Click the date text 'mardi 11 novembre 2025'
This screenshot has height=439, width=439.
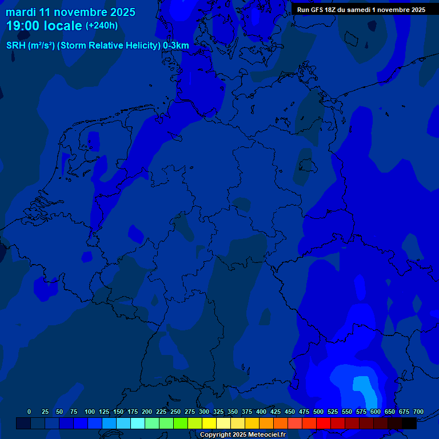click(71, 12)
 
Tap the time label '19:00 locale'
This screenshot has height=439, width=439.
click(44, 26)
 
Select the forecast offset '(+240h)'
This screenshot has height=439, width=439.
click(102, 26)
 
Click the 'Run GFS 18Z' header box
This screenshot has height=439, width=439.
click(361, 10)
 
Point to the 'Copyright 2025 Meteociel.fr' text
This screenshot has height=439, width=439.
click(242, 434)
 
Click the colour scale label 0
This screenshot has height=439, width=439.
click(29, 412)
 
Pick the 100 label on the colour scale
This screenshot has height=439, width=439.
click(90, 412)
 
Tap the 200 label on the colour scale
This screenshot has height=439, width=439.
click(147, 412)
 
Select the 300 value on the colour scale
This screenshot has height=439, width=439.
click(204, 412)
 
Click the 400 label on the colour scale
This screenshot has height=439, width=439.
click(261, 412)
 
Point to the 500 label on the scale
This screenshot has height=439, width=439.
click(318, 412)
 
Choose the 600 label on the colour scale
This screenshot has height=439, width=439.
click(376, 412)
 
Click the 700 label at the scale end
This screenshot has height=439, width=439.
click(418, 412)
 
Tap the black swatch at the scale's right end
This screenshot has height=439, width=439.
click(409, 424)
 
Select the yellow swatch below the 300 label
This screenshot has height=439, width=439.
click(209, 424)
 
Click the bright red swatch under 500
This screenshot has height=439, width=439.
click(324, 424)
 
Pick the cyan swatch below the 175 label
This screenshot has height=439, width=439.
click(138, 424)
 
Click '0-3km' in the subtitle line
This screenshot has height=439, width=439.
click(176, 46)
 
